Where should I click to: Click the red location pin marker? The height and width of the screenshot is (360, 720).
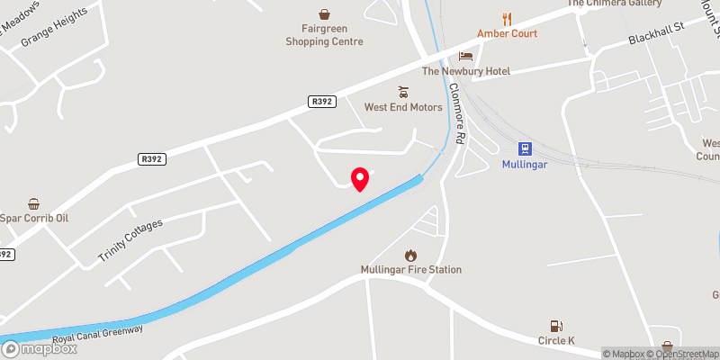tap(360, 178)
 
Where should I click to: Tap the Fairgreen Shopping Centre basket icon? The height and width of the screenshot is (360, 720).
tap(324, 13)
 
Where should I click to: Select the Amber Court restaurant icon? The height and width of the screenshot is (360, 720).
tap(508, 18)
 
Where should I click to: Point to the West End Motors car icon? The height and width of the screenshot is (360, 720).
tap(403, 92)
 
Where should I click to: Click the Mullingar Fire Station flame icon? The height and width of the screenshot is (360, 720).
tap(411, 256)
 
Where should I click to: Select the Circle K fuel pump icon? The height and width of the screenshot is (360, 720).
tap(556, 327)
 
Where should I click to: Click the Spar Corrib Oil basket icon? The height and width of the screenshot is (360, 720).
tap(33, 203)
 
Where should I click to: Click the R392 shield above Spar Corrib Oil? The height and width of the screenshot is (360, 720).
tap(151, 159)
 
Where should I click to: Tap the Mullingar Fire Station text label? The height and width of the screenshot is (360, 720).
tap(411, 270)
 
